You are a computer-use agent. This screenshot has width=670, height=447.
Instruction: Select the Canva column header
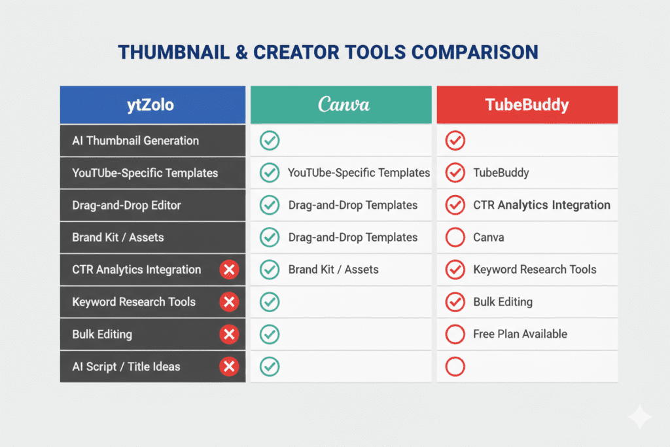[344, 105]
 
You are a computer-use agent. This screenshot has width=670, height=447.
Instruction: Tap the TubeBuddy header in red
[527, 105]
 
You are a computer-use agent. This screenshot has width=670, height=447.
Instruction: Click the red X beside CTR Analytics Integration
[228, 270]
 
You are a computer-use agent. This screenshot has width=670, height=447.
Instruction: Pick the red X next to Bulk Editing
[228, 334]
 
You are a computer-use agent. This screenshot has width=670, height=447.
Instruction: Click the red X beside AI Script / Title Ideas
[228, 367]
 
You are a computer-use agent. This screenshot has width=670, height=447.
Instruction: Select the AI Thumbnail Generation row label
[135, 141]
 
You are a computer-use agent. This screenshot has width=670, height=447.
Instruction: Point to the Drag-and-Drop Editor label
[126, 206]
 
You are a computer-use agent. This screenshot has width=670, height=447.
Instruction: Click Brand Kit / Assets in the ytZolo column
[109, 238]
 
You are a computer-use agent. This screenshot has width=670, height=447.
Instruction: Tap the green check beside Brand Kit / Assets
[270, 270]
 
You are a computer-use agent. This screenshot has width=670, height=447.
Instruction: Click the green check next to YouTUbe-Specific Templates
[270, 173]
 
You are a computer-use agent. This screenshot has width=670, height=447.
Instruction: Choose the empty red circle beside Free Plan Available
[455, 334]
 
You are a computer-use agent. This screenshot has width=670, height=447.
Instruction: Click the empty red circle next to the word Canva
[455, 238]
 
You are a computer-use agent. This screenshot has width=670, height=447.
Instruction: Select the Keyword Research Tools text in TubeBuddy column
[535, 270]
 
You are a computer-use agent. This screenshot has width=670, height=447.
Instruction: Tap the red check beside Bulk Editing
[455, 302]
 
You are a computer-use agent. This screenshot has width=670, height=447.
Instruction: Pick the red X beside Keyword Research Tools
[228, 302]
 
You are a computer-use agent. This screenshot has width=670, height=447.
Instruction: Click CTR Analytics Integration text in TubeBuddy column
[542, 206]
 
